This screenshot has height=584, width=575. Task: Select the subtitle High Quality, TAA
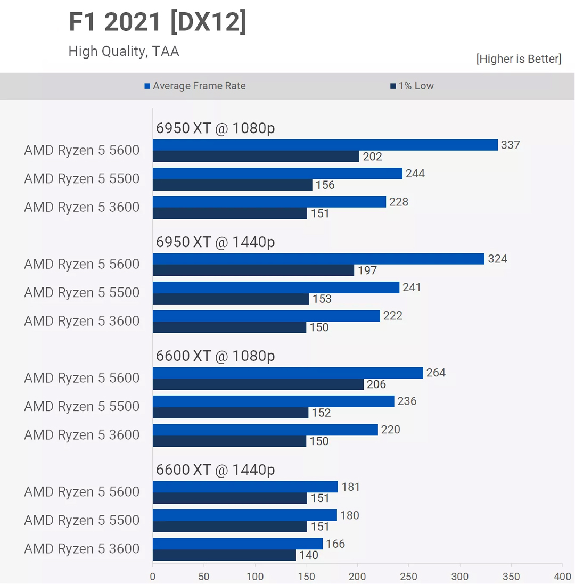click(x=124, y=51)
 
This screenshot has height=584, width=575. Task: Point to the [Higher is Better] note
click(x=519, y=59)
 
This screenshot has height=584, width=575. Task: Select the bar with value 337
click(x=325, y=145)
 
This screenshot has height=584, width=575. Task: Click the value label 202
click(x=372, y=157)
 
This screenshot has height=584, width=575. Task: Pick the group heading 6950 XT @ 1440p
click(x=216, y=242)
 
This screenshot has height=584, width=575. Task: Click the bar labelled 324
click(x=318, y=259)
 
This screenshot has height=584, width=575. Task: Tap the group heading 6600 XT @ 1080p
click(x=216, y=356)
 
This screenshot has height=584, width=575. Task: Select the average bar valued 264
click(x=287, y=373)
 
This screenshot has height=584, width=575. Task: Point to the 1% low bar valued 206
click(x=258, y=384)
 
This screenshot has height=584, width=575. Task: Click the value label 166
click(x=335, y=544)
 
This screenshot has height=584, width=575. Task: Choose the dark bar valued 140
click(x=224, y=555)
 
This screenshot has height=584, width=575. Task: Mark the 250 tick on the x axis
click(x=408, y=577)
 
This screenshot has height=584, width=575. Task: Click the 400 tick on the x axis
click(x=562, y=577)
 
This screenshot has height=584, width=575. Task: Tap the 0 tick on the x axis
click(x=153, y=577)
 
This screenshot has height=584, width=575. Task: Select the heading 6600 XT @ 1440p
click(x=216, y=470)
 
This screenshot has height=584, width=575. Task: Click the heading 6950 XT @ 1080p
click(x=216, y=128)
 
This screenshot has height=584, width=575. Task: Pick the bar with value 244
click(x=277, y=174)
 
